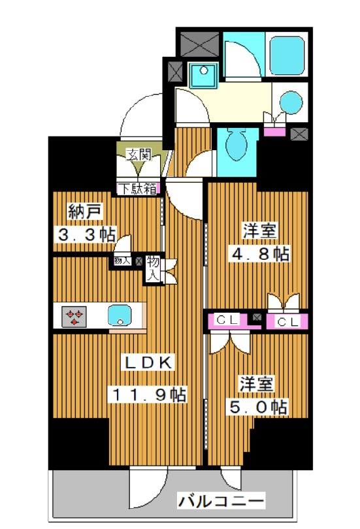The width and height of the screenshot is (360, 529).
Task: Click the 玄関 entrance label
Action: pos(139,155)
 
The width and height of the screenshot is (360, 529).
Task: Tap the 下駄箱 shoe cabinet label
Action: pos(139,189)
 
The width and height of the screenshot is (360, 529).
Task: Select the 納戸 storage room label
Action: pos(85,212)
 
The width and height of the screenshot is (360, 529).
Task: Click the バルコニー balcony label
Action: pos(221,502)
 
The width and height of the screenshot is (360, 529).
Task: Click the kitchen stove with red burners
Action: pos(74,317)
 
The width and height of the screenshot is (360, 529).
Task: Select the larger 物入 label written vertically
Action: pos(152,268)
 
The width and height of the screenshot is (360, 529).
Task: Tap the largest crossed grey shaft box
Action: pos(199,44)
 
